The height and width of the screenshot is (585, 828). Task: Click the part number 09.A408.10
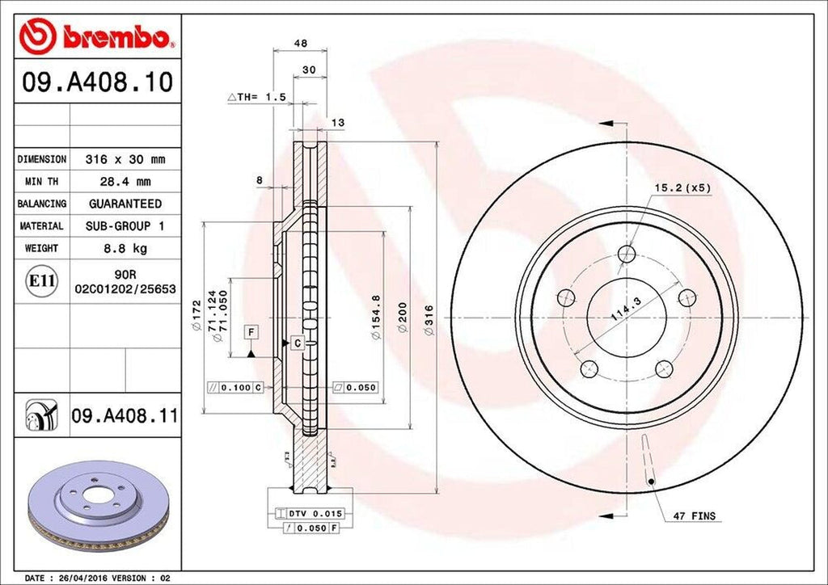coord(95,83)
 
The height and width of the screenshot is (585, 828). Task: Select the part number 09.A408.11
coord(125,417)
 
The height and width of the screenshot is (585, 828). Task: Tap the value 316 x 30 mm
coord(125,159)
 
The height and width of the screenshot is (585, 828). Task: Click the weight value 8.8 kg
coord(125,248)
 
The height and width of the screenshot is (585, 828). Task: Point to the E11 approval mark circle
coord(41,281)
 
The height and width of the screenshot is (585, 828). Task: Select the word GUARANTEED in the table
coord(125,204)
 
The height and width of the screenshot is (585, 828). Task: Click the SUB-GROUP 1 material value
coord(125,226)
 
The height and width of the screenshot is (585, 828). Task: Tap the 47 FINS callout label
coord(693,516)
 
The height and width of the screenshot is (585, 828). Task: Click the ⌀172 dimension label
coord(196,317)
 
